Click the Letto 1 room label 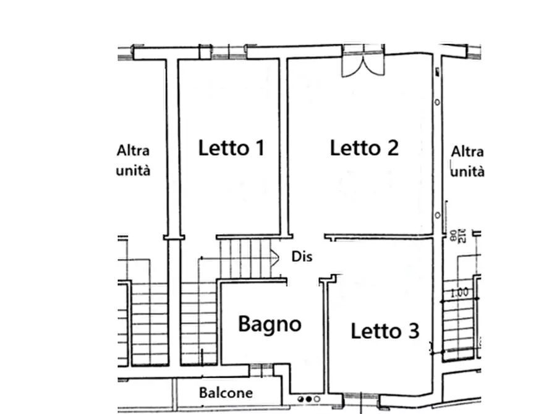click(x=231, y=148)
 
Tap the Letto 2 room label click(x=364, y=148)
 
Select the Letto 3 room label click(x=384, y=331)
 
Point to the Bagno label click(x=270, y=324)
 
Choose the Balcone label click(x=226, y=392)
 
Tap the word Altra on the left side click(x=133, y=150)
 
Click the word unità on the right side click(x=467, y=171)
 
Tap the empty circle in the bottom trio click(x=317, y=399)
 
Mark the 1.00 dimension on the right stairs click(x=459, y=293)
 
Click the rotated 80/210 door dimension click(x=457, y=235)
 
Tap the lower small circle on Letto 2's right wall click(x=438, y=215)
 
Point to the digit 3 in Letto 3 click(x=412, y=331)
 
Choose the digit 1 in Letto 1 click(x=260, y=148)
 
